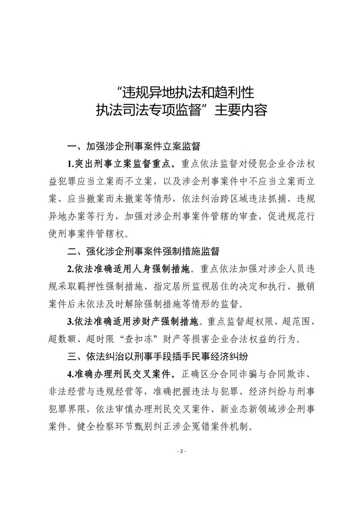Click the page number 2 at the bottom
[180, 451]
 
